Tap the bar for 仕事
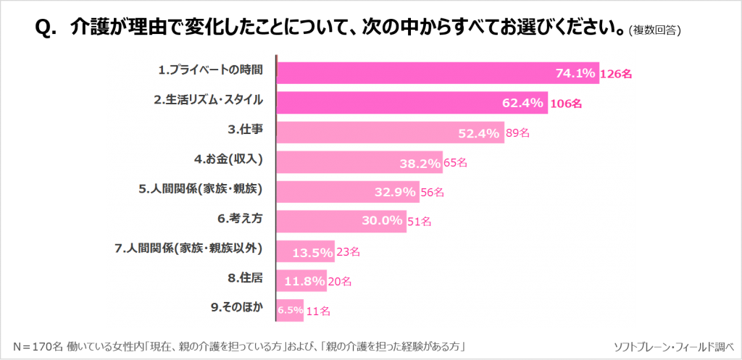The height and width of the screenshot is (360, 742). (x=362, y=133)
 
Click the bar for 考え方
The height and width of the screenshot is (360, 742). (x=319, y=221)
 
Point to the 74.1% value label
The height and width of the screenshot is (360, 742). (x=575, y=73)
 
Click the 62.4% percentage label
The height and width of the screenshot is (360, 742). (x=522, y=103)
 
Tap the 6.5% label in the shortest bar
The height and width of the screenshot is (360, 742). (x=290, y=310)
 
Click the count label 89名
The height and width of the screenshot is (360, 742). (x=517, y=133)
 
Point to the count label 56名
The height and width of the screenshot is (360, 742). (x=432, y=193)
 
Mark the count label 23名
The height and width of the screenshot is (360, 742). (x=348, y=252)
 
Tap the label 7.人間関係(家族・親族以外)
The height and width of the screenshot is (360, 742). (x=188, y=248)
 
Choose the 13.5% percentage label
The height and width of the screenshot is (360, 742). (x=312, y=252)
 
